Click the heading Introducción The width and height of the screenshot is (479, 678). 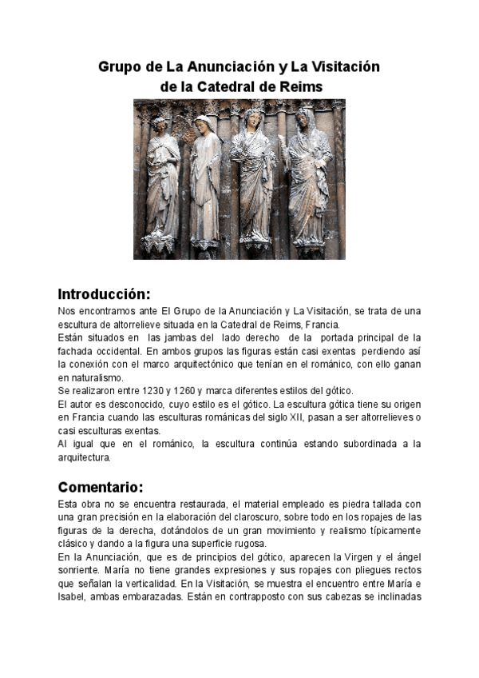point(105,293)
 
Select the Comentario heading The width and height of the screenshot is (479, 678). point(101,487)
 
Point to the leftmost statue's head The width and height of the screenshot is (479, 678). point(160,125)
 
